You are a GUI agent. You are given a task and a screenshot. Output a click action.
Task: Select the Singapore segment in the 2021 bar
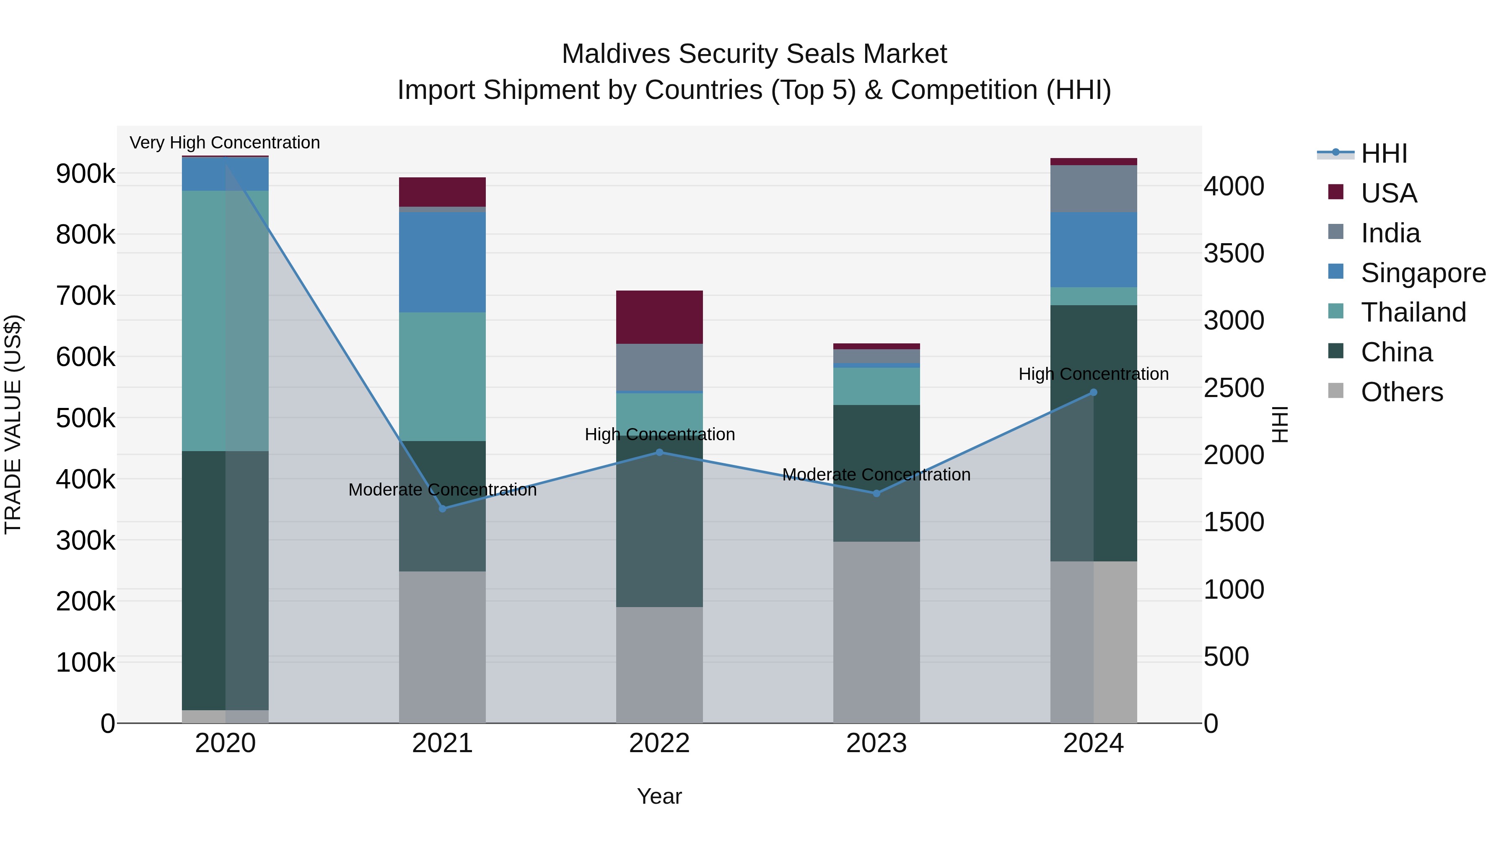[x=442, y=262]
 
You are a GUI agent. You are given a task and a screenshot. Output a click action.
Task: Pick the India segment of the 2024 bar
[x=1093, y=189]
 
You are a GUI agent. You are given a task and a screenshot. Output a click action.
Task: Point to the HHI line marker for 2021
[x=442, y=509]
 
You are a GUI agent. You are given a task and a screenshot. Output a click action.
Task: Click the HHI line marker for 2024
[x=1093, y=392]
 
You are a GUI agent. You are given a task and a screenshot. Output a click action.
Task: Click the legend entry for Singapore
[x=1423, y=273]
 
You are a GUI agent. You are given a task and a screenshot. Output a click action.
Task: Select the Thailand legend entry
[x=1413, y=312]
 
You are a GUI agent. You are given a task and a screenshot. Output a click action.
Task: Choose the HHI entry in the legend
[x=1383, y=153]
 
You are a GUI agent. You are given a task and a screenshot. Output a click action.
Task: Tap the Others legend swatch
[x=1335, y=391]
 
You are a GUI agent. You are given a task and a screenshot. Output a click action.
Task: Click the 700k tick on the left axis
[x=86, y=296]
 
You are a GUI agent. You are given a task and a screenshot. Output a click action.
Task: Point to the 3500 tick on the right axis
[x=1234, y=254]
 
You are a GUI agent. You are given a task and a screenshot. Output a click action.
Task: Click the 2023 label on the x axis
[x=876, y=743]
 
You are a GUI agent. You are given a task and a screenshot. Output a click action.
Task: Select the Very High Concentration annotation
[x=225, y=143]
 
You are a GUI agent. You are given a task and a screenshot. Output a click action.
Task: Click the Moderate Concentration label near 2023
[x=876, y=475]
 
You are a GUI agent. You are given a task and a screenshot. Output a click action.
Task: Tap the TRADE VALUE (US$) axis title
[x=13, y=424]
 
